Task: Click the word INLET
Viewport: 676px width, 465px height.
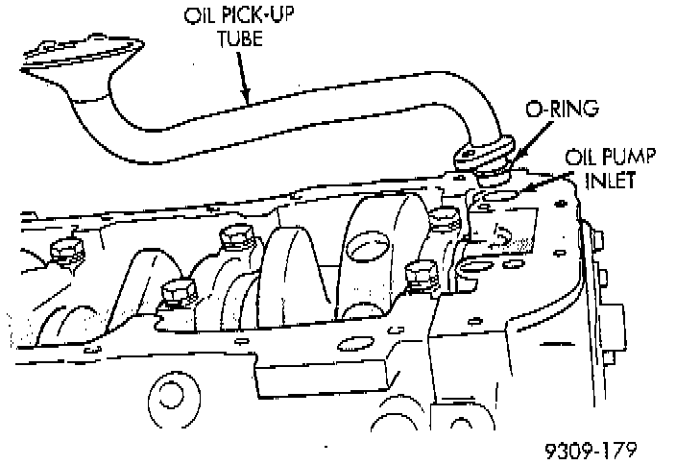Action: tap(613, 179)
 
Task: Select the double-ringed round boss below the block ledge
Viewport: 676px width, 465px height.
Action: tap(169, 394)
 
